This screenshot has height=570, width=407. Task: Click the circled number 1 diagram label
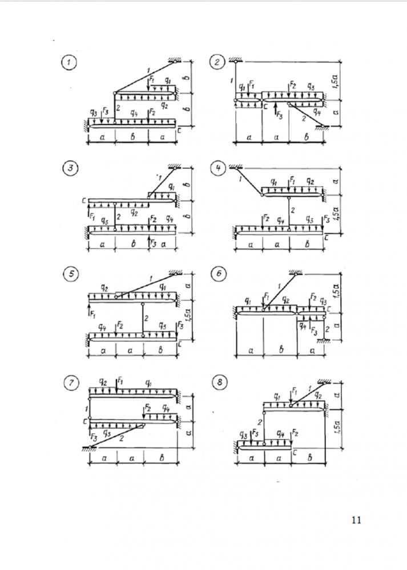[72, 63]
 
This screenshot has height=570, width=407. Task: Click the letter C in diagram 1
[180, 131]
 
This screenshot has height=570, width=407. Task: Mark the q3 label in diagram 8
[240, 435]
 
